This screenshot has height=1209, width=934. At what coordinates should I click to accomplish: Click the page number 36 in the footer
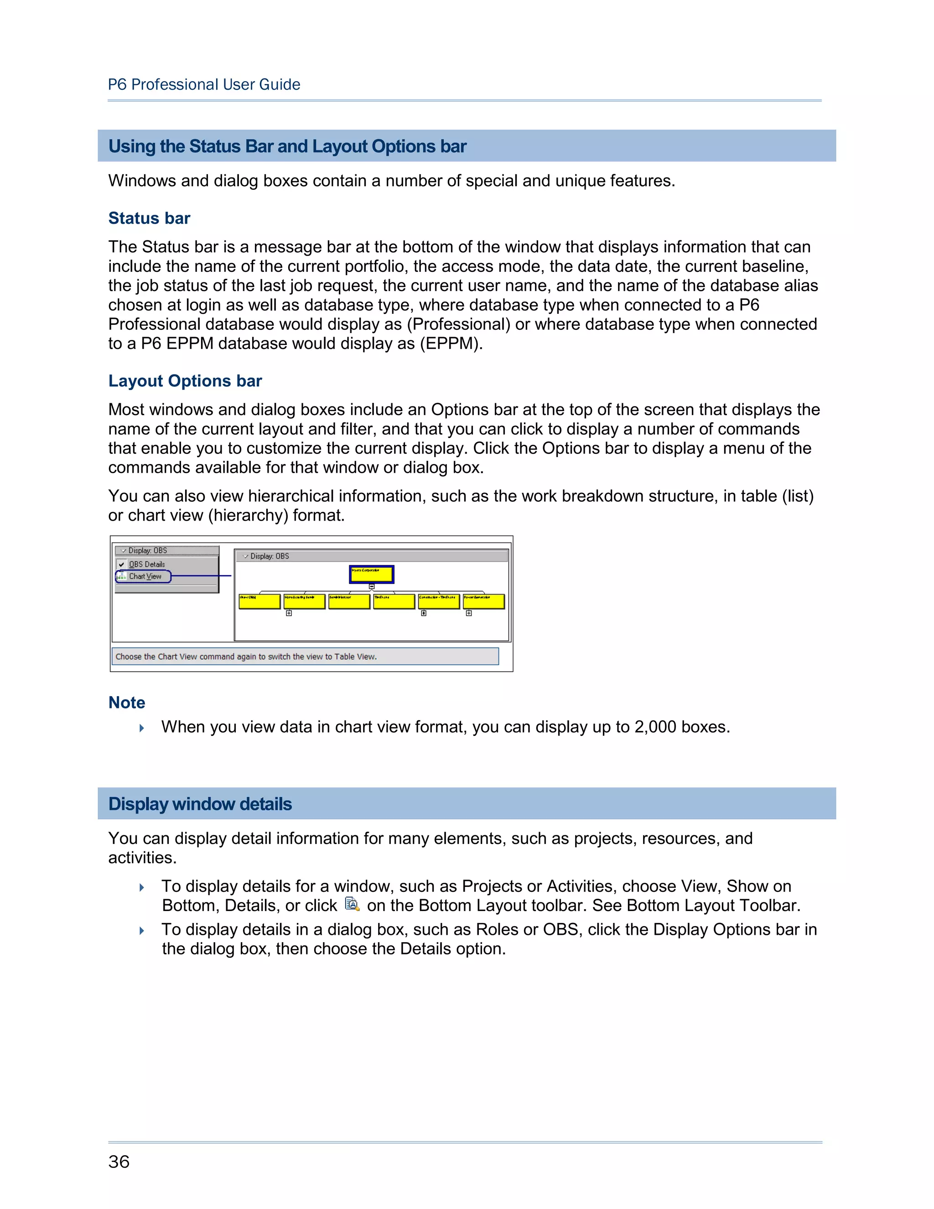point(119,1162)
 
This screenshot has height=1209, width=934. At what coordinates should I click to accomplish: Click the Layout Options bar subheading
point(185,381)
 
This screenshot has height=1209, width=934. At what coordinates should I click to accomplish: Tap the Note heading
point(127,703)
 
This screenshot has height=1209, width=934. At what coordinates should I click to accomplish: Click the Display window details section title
point(200,804)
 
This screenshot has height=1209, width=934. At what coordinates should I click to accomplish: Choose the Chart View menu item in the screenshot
point(145,576)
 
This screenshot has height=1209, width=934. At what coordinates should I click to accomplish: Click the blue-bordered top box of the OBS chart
point(371,574)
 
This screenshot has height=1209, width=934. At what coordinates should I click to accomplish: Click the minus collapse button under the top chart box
point(372,586)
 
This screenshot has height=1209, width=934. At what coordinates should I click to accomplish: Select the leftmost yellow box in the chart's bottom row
point(259,601)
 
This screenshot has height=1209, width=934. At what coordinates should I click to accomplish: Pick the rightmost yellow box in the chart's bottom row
point(483,601)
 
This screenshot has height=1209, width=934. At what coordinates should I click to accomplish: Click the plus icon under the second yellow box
point(289,613)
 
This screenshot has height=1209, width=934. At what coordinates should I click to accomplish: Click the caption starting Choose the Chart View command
point(246,657)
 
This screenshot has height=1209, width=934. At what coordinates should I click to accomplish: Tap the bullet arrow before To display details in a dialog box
point(142,931)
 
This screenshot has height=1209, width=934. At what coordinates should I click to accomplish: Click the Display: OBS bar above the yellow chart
point(371,556)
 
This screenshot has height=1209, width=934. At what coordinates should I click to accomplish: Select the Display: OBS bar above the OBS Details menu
point(166,550)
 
